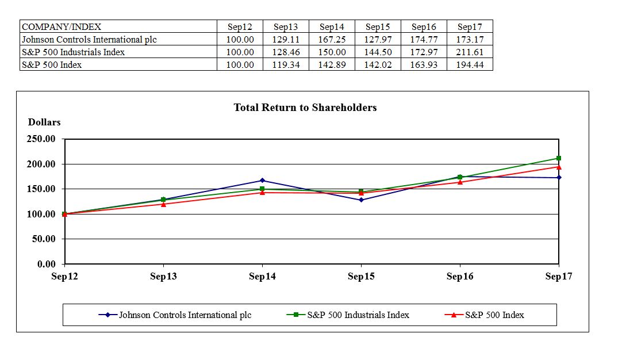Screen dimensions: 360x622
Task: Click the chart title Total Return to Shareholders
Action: click(x=305, y=108)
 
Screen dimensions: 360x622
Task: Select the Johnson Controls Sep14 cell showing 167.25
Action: click(x=332, y=40)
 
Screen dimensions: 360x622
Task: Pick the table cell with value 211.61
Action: click(x=470, y=52)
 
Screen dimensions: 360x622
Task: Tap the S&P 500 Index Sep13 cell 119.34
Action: click(x=286, y=65)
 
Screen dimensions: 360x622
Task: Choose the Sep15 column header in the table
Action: click(x=378, y=26)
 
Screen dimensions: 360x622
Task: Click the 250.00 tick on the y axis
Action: click(x=41, y=139)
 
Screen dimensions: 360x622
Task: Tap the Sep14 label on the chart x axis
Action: click(x=262, y=277)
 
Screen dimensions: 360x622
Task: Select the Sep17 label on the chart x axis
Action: click(x=558, y=277)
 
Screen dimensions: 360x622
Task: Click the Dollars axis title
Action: click(x=44, y=122)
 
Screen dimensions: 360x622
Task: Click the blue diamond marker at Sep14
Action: click(x=262, y=181)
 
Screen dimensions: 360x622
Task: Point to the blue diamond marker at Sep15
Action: click(x=361, y=200)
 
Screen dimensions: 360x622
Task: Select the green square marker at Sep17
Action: click(x=559, y=158)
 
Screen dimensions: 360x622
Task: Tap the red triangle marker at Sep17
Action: click(x=559, y=167)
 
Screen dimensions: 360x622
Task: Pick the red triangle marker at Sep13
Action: click(x=163, y=204)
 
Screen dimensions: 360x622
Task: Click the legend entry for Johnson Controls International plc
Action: click(x=175, y=315)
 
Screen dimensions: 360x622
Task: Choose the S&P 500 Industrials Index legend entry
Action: click(x=348, y=315)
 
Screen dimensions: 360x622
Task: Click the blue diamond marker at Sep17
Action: click(x=559, y=177)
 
